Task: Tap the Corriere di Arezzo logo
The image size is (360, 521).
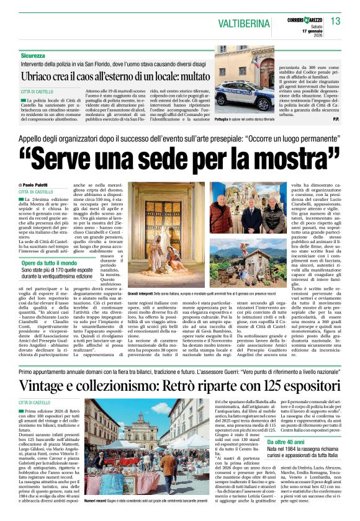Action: coord(302,20)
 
